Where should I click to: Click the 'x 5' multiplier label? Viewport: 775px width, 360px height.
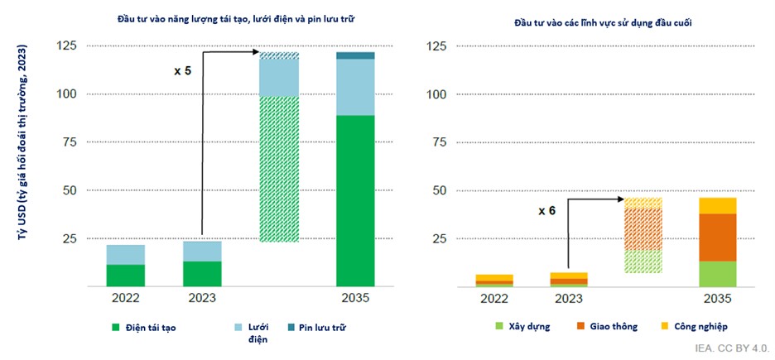pyautogui.click(x=182, y=71)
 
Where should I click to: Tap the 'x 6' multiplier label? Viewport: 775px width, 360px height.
pyautogui.click(x=546, y=210)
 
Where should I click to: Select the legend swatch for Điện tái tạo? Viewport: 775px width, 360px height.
pyautogui.click(x=116, y=327)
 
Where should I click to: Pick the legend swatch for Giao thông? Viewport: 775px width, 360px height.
pyautogui.click(x=581, y=327)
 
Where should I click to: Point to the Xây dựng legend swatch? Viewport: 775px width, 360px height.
pyautogui.click(x=499, y=327)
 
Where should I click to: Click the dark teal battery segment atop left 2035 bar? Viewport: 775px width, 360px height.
pyautogui.click(x=355, y=55)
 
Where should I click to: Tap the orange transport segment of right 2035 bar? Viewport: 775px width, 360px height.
pyautogui.click(x=717, y=238)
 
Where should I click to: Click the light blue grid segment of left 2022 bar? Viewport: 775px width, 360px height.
pyautogui.click(x=125, y=255)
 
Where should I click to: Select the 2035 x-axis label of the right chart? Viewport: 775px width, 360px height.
pyautogui.click(x=717, y=299)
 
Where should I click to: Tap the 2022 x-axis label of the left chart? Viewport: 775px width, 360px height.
pyautogui.click(x=125, y=299)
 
